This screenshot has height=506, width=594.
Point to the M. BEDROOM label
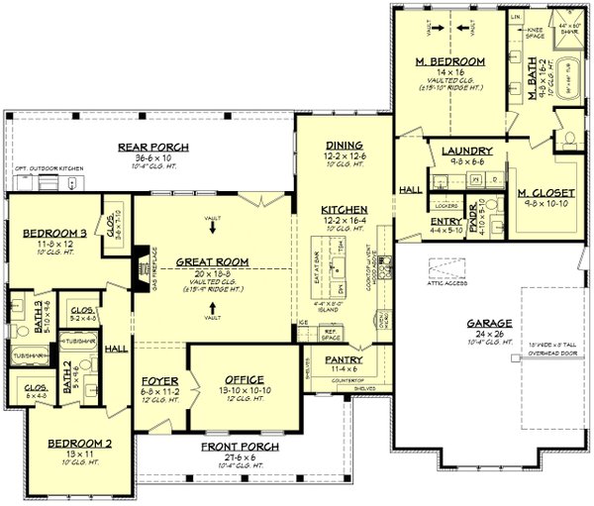point(449,62)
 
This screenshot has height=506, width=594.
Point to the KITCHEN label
point(345,209)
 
